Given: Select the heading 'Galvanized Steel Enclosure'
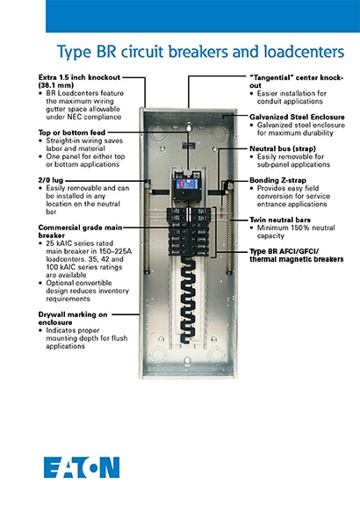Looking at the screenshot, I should (293, 114).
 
